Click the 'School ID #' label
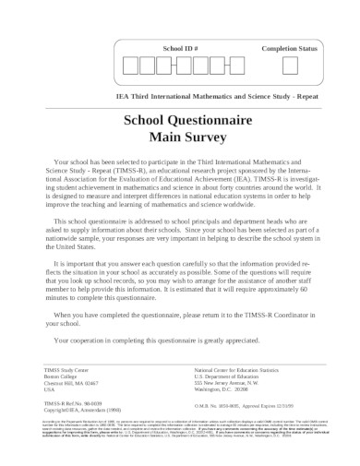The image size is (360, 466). click(x=180, y=46)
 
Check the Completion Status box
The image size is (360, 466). click(x=289, y=66)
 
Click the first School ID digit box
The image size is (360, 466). click(x=130, y=66)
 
